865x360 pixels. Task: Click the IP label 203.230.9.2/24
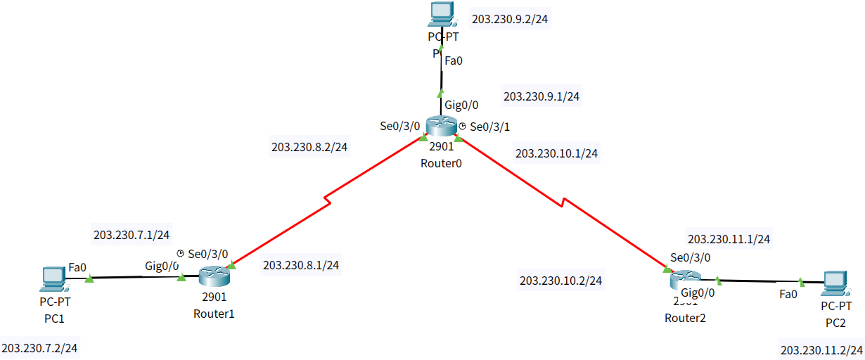(x=510, y=19)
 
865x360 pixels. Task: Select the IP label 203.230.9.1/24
(x=542, y=96)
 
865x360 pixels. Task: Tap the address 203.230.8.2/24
(x=310, y=147)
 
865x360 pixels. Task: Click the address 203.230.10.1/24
(x=556, y=153)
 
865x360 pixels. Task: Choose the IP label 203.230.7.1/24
(x=132, y=234)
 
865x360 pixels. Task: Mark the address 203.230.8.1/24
(x=301, y=265)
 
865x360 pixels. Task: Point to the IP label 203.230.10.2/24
(x=560, y=281)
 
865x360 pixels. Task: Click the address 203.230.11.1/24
(x=729, y=239)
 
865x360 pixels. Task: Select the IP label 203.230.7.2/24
(x=40, y=347)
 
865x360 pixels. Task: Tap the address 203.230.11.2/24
(x=821, y=349)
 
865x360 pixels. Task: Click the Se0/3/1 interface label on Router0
(x=489, y=127)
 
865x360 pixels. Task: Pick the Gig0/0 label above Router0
(x=461, y=105)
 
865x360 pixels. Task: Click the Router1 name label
(x=214, y=314)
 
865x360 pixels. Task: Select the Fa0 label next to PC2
(x=788, y=294)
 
